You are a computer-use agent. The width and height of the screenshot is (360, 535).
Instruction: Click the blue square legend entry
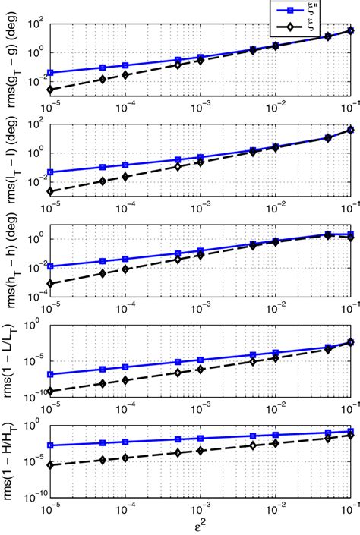(x=291, y=9)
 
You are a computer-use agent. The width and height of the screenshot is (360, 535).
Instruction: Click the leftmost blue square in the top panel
(x=51, y=73)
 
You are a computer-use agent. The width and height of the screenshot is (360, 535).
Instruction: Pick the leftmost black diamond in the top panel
(x=51, y=90)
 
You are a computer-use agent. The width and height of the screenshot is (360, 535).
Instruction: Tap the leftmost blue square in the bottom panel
(x=51, y=445)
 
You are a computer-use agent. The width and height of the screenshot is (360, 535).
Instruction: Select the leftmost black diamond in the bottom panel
(x=51, y=464)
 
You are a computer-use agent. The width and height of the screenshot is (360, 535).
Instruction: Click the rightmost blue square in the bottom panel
(x=350, y=432)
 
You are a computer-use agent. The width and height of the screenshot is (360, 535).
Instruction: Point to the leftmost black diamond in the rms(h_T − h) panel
(x=51, y=284)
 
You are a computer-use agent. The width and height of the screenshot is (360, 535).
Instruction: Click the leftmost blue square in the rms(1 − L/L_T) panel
(x=51, y=374)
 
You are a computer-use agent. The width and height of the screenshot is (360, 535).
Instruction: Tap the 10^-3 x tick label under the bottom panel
(x=200, y=509)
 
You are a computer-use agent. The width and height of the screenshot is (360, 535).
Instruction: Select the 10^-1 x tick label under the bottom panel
(x=349, y=509)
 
